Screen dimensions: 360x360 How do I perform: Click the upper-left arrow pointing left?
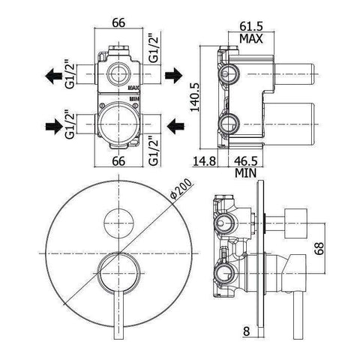[x=53, y=75]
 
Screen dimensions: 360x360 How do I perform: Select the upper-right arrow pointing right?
[x=173, y=75]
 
